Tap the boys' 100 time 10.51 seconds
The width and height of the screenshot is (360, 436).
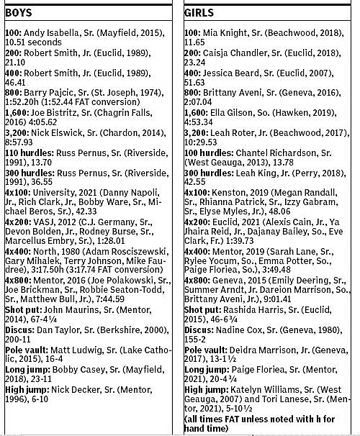tap(32, 42)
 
